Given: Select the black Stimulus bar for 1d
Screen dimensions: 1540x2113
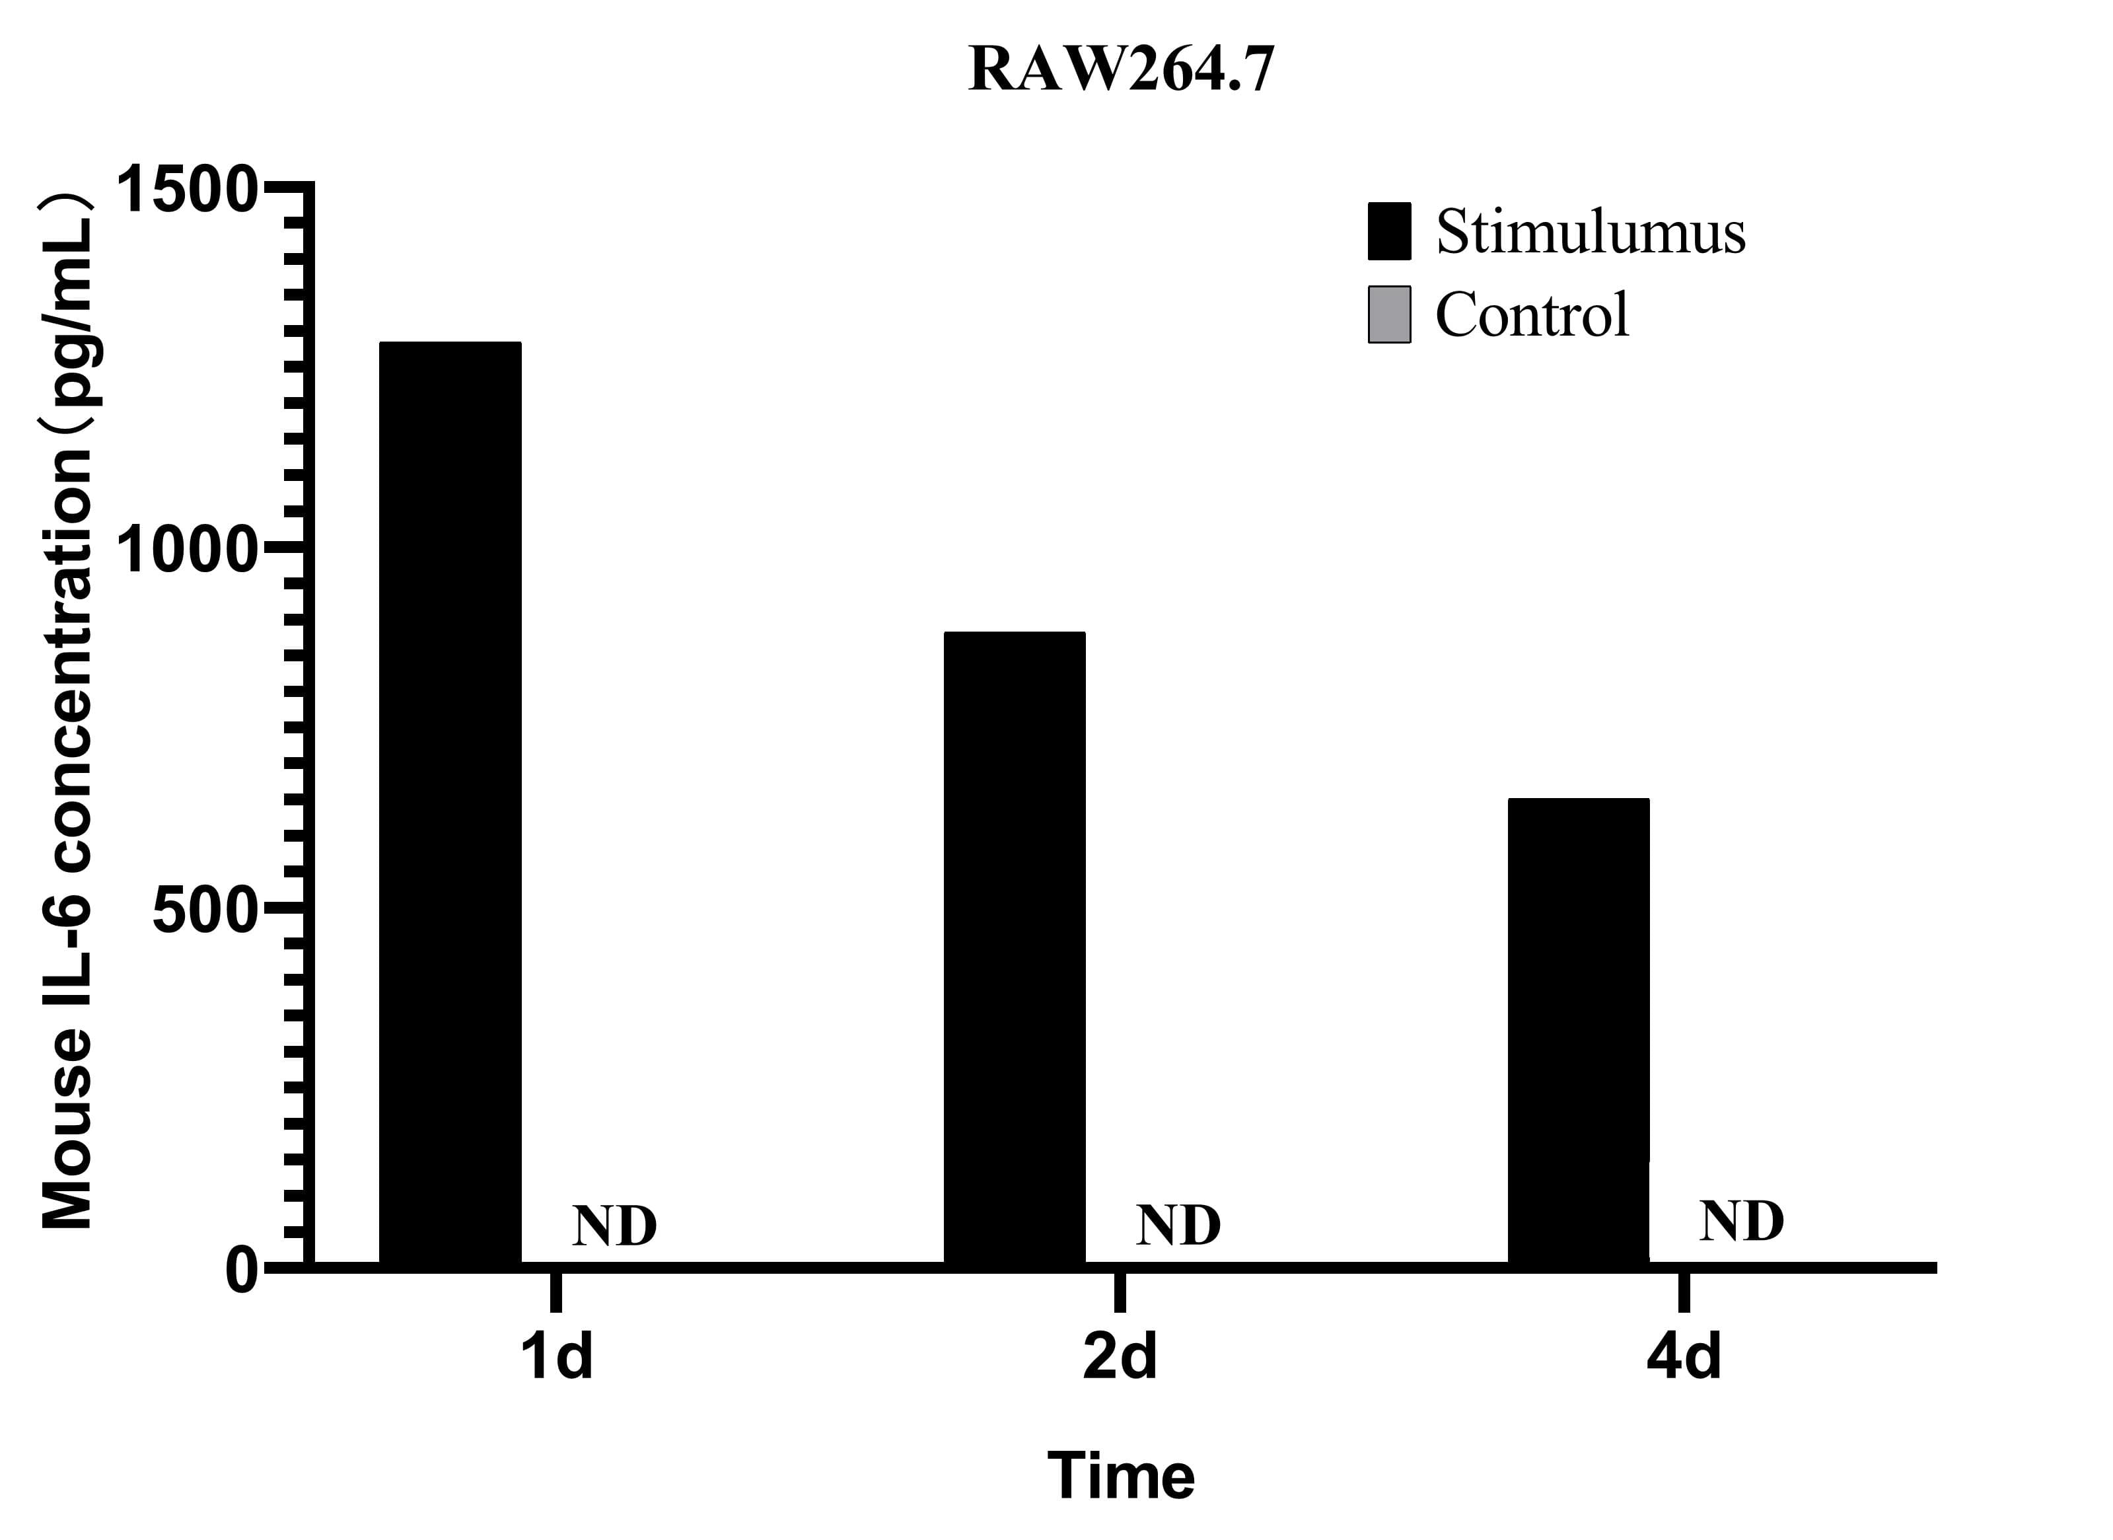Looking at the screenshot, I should (450, 801).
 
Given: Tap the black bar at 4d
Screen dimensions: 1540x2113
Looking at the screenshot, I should (1578, 1030).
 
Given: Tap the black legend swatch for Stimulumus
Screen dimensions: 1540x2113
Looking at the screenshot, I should (1389, 231).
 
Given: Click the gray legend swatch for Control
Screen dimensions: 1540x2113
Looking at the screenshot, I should (1389, 314).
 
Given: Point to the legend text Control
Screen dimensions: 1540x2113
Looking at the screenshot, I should (1531, 314).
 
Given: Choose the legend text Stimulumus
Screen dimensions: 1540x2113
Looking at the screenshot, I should (1589, 231).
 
